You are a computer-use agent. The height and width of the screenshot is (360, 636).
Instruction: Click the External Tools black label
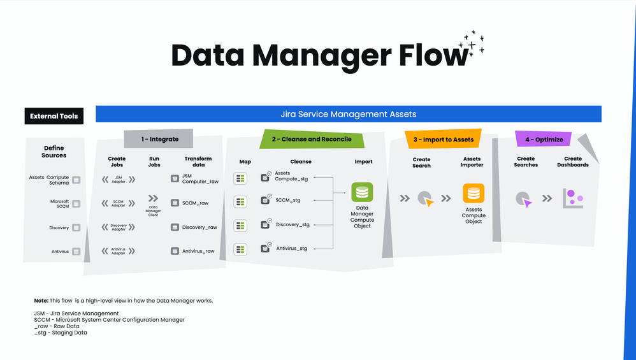click(x=54, y=116)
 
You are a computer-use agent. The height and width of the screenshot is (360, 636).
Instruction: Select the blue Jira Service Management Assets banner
click(x=348, y=115)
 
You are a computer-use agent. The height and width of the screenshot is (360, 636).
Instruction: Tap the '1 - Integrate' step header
click(x=159, y=139)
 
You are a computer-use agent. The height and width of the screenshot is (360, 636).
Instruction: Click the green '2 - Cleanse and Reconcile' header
click(x=312, y=139)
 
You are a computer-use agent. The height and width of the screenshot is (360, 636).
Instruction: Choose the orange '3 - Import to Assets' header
click(x=443, y=139)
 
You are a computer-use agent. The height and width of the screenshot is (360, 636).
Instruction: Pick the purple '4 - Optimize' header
click(x=544, y=139)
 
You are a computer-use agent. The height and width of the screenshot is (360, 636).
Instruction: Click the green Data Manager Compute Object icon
click(x=362, y=192)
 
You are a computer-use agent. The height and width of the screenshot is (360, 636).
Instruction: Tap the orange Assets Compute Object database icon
click(x=473, y=193)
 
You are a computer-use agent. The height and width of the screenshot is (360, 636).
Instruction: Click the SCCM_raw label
click(x=195, y=203)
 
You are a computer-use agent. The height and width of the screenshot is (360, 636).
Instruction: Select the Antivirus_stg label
click(x=291, y=248)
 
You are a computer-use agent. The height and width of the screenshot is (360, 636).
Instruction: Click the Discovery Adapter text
click(x=119, y=227)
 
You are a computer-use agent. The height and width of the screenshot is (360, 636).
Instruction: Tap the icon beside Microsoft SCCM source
click(x=76, y=204)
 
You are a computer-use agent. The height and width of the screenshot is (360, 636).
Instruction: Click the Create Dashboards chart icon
click(x=573, y=198)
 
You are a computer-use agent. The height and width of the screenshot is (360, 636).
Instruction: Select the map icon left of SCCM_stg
click(x=240, y=201)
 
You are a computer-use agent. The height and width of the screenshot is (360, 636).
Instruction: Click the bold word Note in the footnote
click(x=41, y=300)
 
